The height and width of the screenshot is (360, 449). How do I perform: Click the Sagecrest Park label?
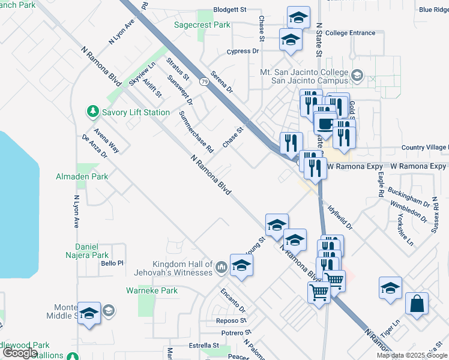point(202,25)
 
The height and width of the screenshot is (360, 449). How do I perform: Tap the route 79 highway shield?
point(205,81)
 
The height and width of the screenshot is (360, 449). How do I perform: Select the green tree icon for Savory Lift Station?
point(92,112)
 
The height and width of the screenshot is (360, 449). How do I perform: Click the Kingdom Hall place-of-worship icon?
point(221,265)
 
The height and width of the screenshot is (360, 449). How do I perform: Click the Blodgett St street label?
point(230,11)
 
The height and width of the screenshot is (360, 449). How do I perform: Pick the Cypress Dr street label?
point(243,52)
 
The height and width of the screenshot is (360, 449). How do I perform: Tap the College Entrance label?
point(351,33)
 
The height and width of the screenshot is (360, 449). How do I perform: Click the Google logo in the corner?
point(20,353)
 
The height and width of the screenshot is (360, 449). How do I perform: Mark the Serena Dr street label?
point(221,84)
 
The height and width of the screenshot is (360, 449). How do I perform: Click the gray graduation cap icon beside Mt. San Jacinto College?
point(357,75)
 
